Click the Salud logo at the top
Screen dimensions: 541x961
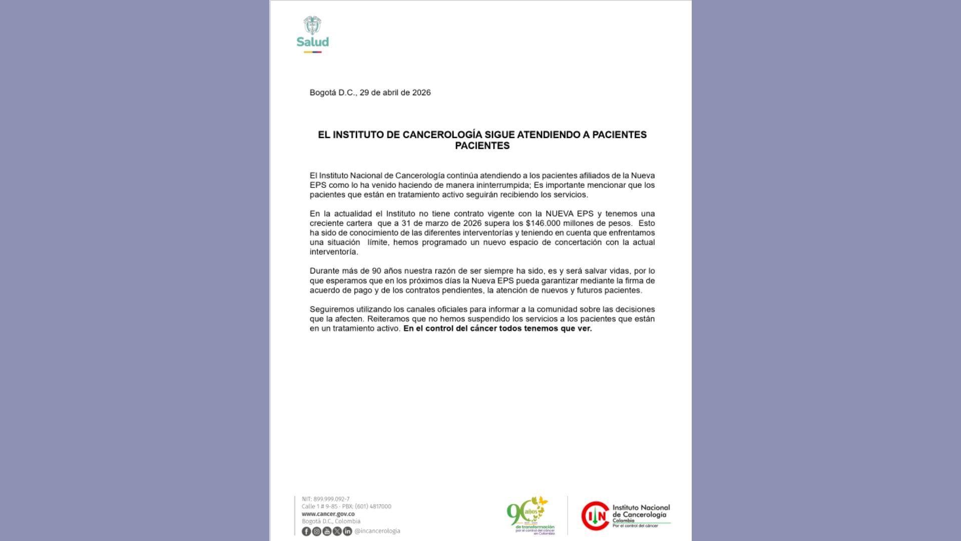point(312,34)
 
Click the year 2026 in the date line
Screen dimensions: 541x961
point(421,93)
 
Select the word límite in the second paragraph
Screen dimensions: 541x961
point(377,242)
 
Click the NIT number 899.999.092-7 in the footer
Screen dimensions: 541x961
point(331,499)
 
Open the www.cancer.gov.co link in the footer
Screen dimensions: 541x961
point(328,514)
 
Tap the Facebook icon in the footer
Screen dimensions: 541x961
point(306,531)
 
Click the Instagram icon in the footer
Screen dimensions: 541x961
point(317,531)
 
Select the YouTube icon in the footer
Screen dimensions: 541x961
point(327,531)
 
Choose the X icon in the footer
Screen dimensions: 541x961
point(337,531)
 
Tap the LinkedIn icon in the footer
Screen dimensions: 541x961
point(347,531)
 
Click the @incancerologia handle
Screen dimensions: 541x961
point(377,531)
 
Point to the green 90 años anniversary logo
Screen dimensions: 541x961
point(530,515)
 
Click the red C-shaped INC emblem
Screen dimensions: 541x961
point(595,515)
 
